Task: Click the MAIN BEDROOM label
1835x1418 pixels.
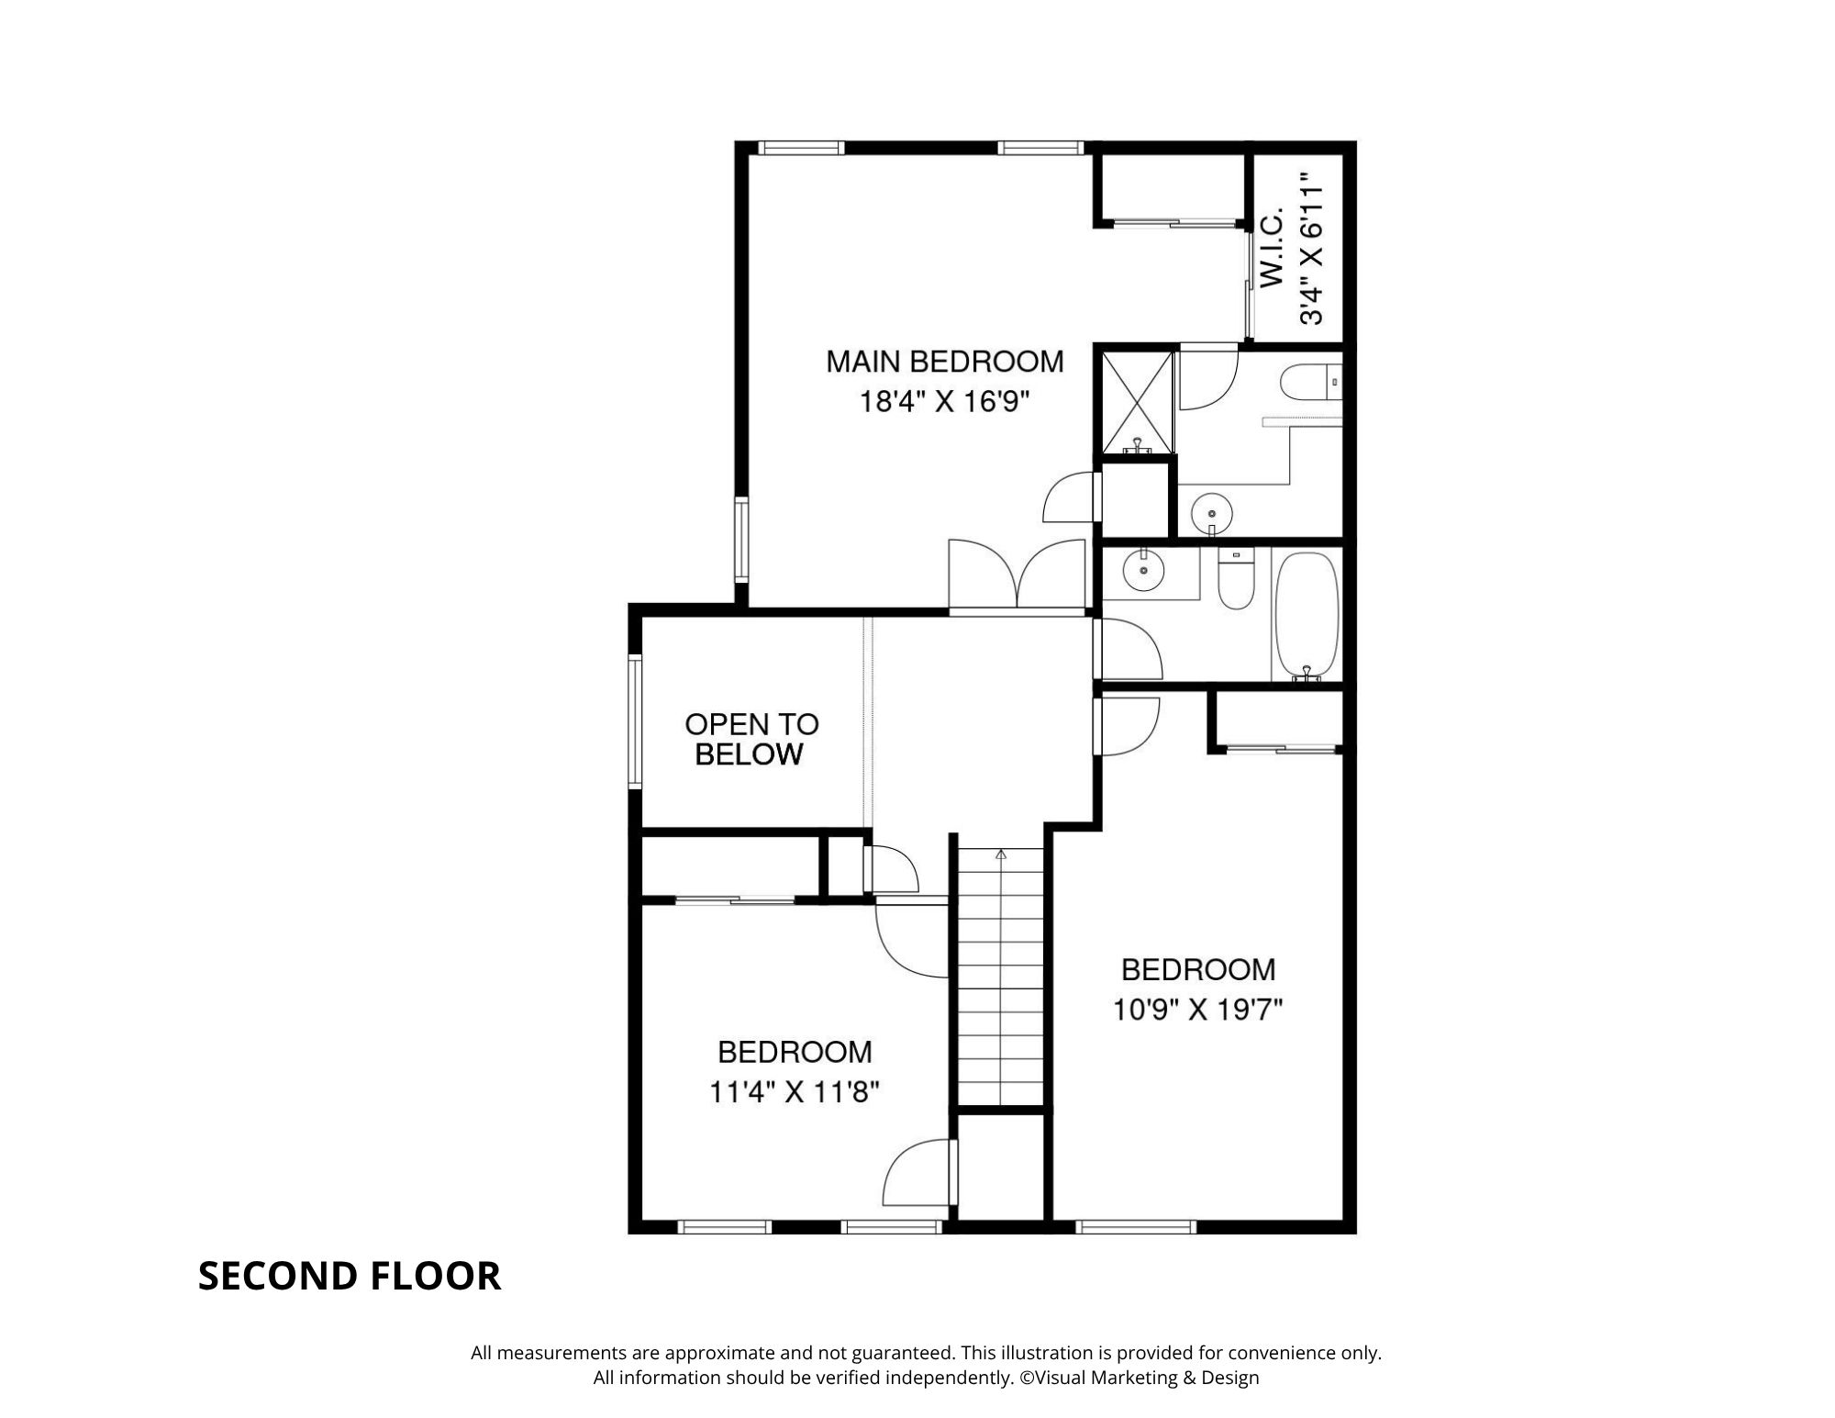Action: point(945,362)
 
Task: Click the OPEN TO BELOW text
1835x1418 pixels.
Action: point(751,739)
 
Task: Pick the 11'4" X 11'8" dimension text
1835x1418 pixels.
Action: point(795,1092)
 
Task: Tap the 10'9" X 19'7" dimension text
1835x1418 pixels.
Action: point(1197,1010)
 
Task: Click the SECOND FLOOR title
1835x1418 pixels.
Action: point(350,1276)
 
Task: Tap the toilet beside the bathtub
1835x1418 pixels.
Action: point(1236,578)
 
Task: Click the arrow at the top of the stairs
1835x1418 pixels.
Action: point(1001,854)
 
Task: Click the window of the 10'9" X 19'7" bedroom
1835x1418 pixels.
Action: point(1136,1226)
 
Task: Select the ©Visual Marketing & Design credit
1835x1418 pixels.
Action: point(1139,1377)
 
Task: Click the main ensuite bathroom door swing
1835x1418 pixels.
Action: point(1208,376)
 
